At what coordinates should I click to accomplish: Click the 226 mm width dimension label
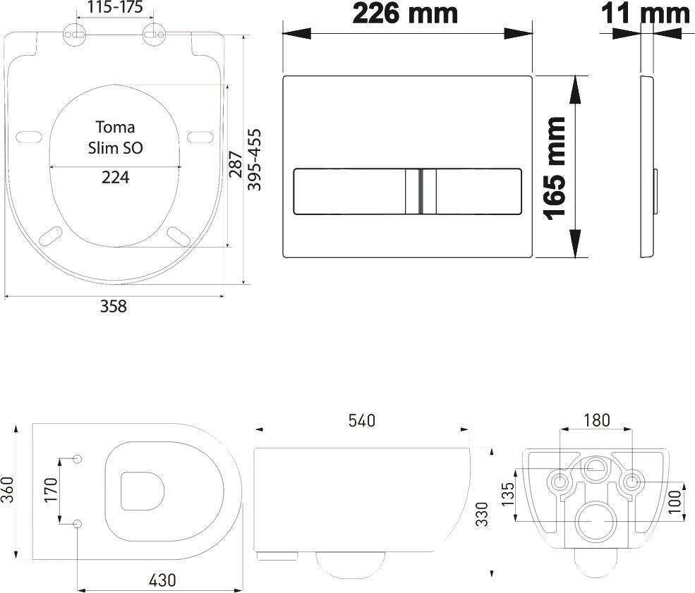(405, 13)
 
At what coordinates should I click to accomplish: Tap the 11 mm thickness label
(646, 13)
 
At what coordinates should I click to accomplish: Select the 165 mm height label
(555, 168)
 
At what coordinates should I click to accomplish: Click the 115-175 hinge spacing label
(115, 8)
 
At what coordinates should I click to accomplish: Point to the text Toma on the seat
(115, 127)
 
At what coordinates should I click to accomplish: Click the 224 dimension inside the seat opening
(115, 178)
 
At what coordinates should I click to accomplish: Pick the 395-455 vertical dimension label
(254, 159)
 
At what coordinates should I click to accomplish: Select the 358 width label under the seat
(114, 306)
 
